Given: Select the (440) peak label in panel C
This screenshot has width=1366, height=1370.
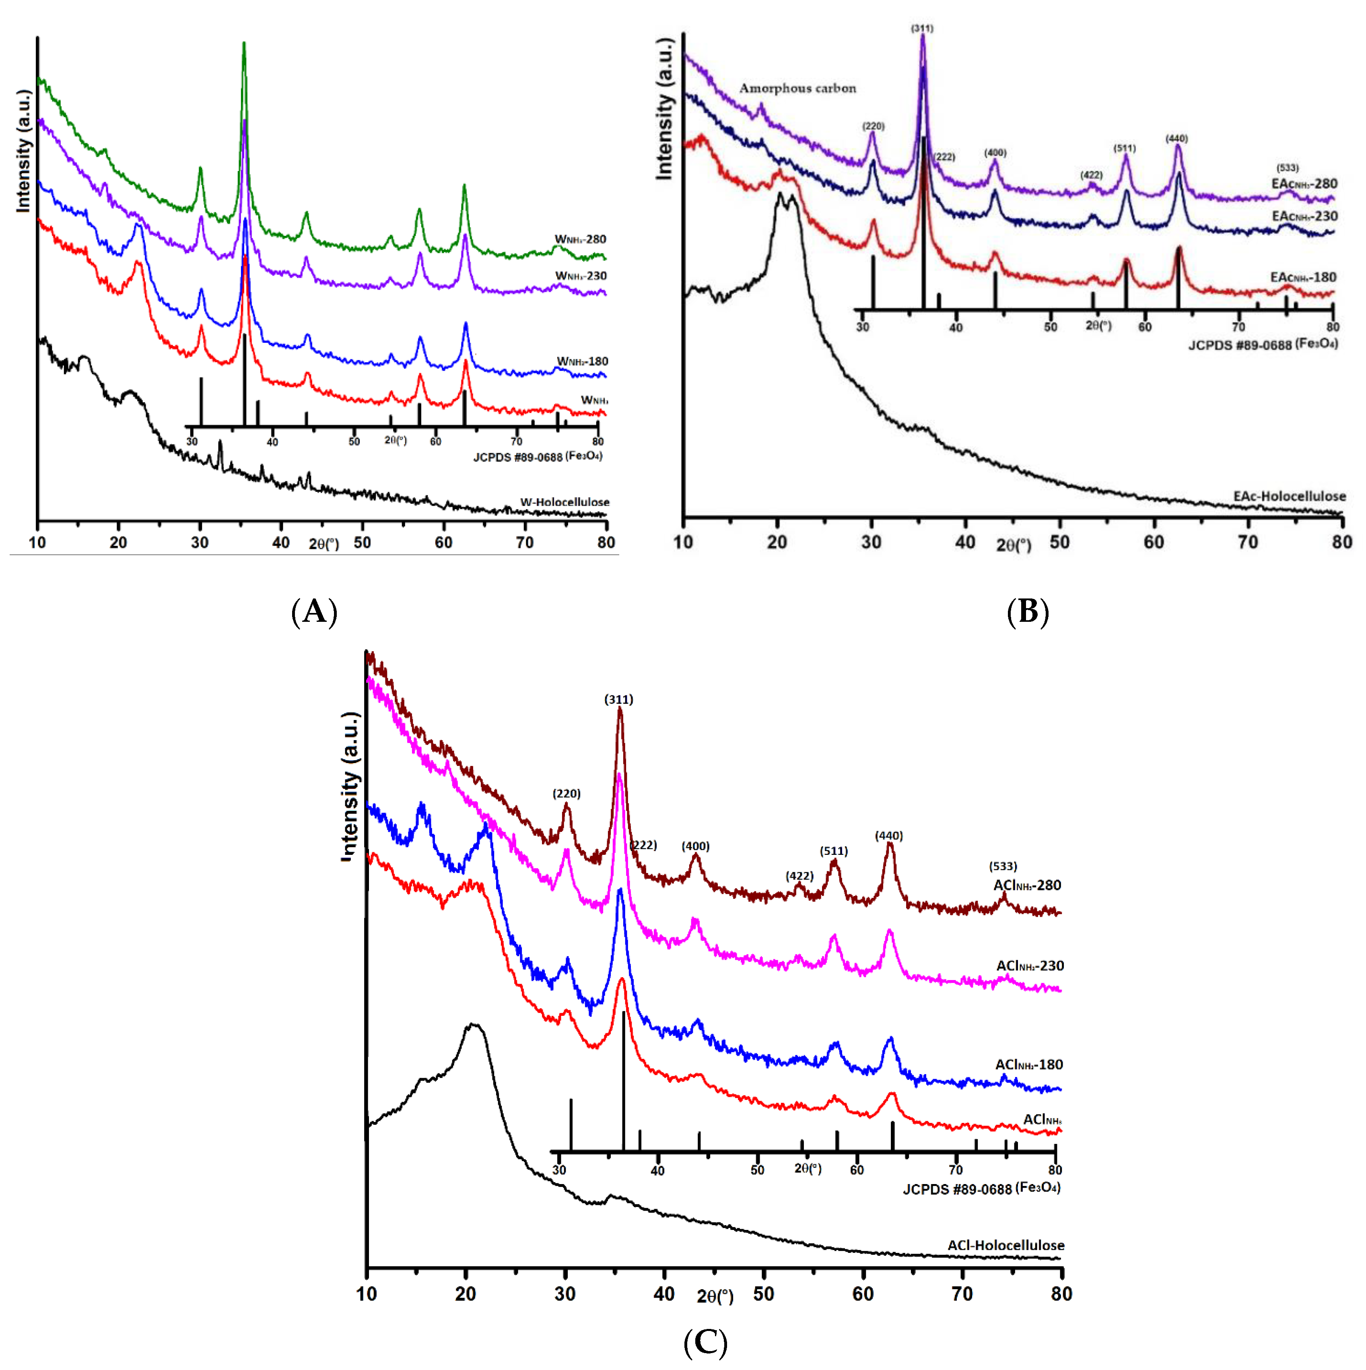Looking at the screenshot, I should coord(888,836).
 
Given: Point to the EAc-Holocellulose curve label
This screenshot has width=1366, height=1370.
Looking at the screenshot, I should coord(1289,496).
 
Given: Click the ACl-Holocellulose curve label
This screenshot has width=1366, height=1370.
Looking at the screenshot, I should coord(1005,1245).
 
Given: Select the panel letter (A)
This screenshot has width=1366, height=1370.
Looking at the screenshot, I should coord(314,611).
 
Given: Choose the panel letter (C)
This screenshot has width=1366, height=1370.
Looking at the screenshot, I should coord(705,1342).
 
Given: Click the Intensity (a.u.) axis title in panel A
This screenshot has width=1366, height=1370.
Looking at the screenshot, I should coord(23,151).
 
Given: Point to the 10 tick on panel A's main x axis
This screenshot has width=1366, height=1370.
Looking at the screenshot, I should coord(37,543).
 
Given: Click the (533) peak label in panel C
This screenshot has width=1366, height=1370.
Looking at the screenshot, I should coord(1002,867).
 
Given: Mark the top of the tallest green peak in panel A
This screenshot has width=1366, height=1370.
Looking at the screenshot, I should coord(244,44).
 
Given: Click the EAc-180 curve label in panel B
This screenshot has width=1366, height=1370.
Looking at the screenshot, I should coord(1303,277).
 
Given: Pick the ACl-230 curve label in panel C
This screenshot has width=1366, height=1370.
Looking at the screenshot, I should coord(1029,966).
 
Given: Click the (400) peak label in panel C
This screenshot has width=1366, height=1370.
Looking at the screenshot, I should coord(695,846).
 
